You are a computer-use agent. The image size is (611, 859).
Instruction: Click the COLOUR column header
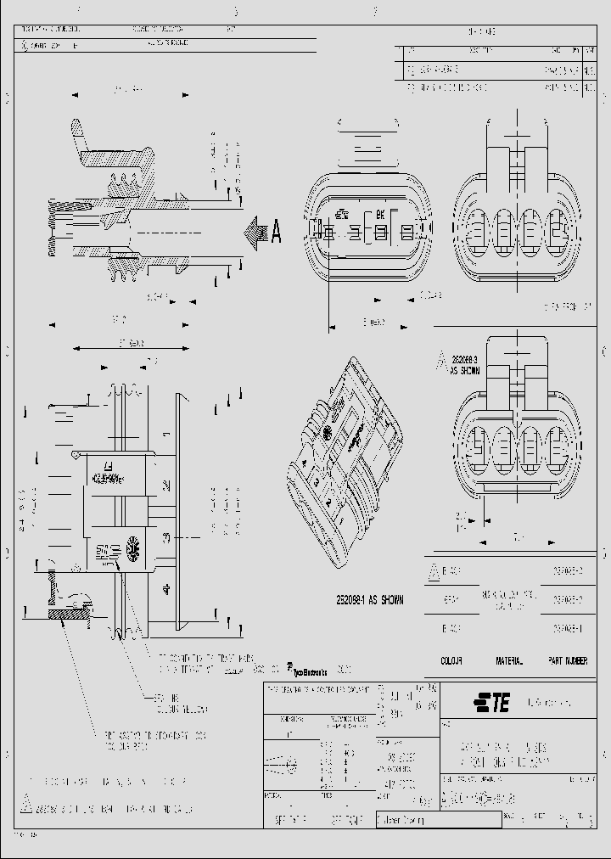coord(451,660)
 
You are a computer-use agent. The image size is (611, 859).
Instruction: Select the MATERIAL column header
coord(509,660)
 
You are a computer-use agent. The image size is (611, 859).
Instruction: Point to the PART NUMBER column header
coord(567,660)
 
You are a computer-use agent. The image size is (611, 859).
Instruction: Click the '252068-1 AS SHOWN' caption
coord(368,600)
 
